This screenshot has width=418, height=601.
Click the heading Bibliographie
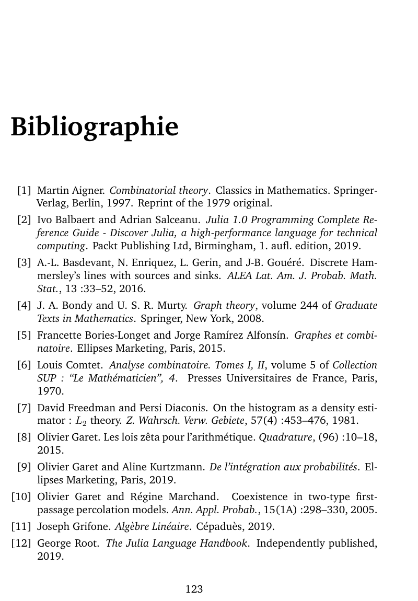pos(95,127)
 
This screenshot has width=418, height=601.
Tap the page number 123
pos(194,590)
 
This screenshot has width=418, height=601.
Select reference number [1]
pos(24,190)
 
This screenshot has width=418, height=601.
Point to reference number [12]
pos(21,544)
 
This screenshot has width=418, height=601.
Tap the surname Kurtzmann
pos(179,467)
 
